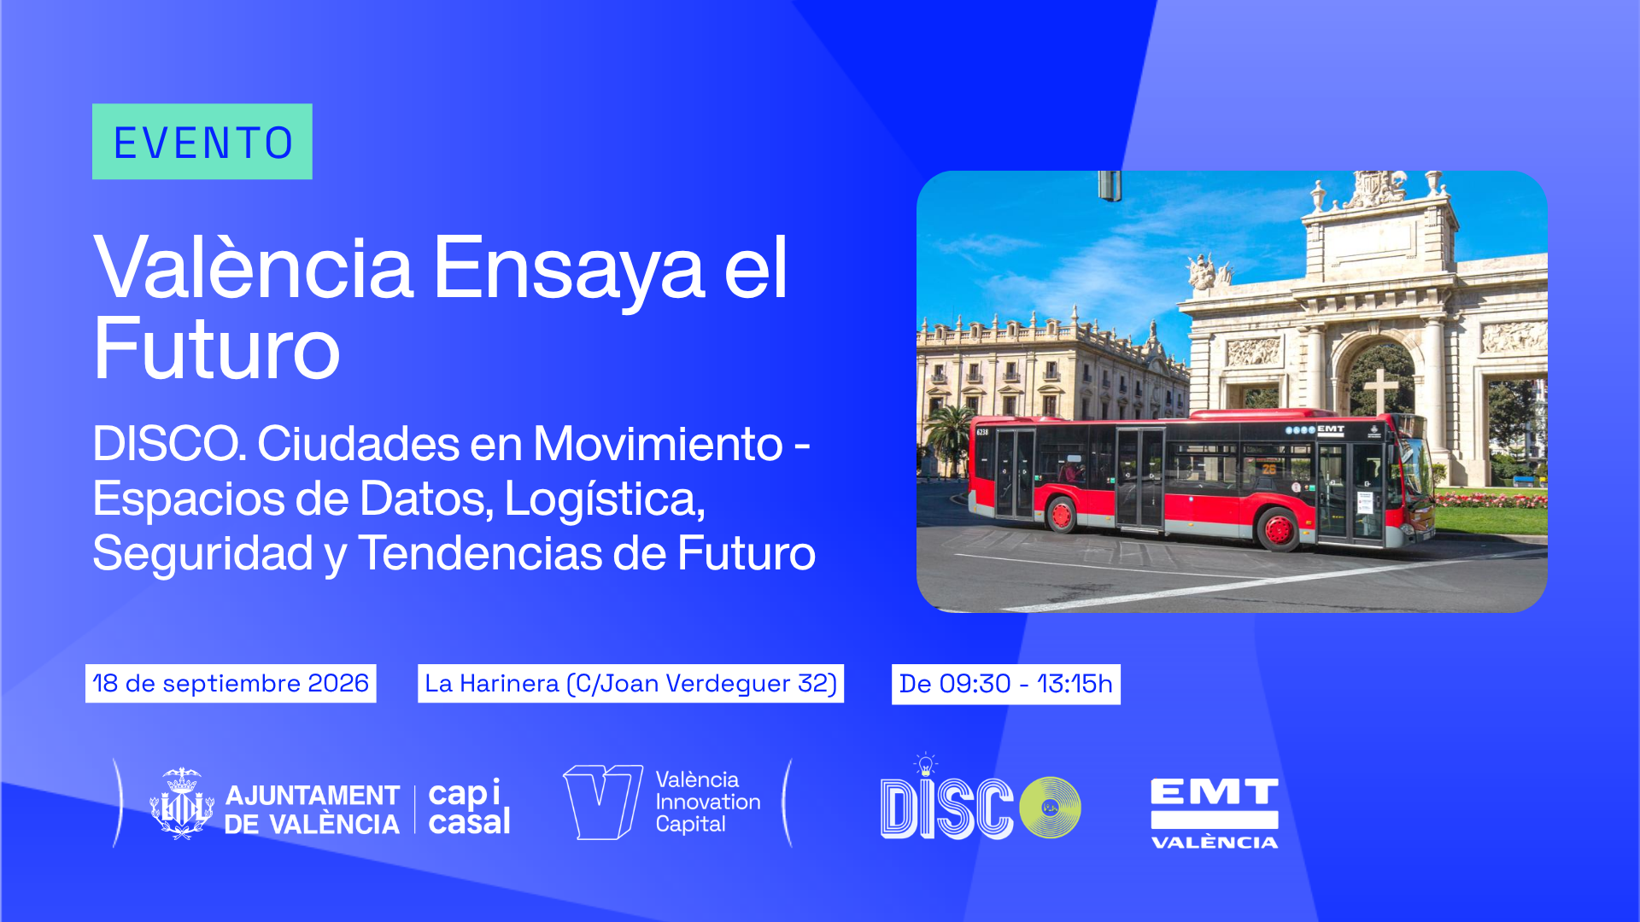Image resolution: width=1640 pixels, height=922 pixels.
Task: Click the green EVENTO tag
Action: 202,142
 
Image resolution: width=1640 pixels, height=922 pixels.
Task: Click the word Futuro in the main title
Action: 217,349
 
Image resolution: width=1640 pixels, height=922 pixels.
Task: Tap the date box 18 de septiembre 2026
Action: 231,684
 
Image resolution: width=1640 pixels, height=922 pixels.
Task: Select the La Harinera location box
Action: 630,684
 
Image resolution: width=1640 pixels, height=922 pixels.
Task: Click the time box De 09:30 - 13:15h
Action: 1006,684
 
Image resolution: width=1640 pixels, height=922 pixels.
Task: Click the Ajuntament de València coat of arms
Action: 181,803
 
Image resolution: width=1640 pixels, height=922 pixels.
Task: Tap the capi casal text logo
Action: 469,807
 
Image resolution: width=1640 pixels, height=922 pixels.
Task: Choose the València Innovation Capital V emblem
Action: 602,802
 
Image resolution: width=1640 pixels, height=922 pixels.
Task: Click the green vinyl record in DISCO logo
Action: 1050,807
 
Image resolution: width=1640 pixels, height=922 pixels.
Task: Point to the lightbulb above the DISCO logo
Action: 925,764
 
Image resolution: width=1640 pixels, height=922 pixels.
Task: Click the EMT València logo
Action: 1214,814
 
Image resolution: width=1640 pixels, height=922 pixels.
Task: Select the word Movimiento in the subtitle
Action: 658,444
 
